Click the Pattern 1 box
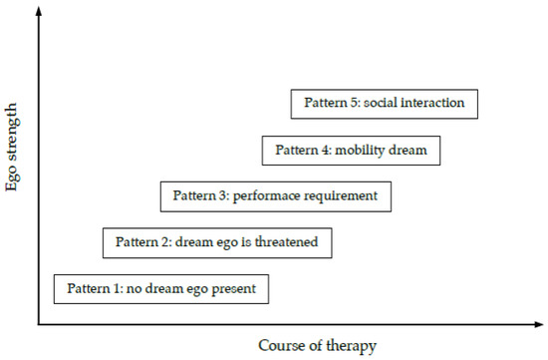click(x=161, y=289)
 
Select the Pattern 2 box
click(x=216, y=242)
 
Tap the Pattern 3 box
click(x=276, y=195)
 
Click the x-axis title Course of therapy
click(x=317, y=346)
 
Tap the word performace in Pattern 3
click(x=267, y=195)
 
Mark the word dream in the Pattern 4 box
click(x=409, y=151)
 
